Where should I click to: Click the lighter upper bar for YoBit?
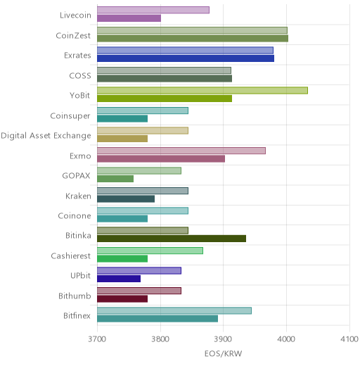pyautogui.click(x=202, y=91)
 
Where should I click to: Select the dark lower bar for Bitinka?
pyautogui.click(x=172, y=239)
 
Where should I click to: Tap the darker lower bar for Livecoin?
pyautogui.click(x=129, y=18)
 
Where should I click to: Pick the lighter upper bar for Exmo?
pyautogui.click(x=181, y=151)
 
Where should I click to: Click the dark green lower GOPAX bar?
pyautogui.click(x=115, y=179)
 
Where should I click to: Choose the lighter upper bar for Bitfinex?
pyautogui.click(x=174, y=310)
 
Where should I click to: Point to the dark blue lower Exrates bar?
pyautogui.click(x=186, y=58)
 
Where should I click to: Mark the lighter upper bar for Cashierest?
pyautogui.click(x=150, y=251)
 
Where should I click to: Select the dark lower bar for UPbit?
pyautogui.click(x=119, y=279)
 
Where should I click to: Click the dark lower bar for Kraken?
pyautogui.click(x=126, y=199)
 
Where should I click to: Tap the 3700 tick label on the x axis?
pyautogui.click(x=97, y=339)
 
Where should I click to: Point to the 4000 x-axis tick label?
pyautogui.click(x=286, y=339)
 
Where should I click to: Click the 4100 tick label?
pyautogui.click(x=349, y=339)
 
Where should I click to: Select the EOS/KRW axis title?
pyautogui.click(x=223, y=353)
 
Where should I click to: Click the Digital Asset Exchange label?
pyautogui.click(x=46, y=136)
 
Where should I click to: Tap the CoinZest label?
pyautogui.click(x=73, y=36)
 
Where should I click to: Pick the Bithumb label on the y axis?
pyautogui.click(x=75, y=296)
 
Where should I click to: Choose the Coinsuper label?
pyautogui.click(x=70, y=116)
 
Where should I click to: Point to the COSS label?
pyautogui.click(x=80, y=75)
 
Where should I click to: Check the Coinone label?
pyautogui.click(x=75, y=216)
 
